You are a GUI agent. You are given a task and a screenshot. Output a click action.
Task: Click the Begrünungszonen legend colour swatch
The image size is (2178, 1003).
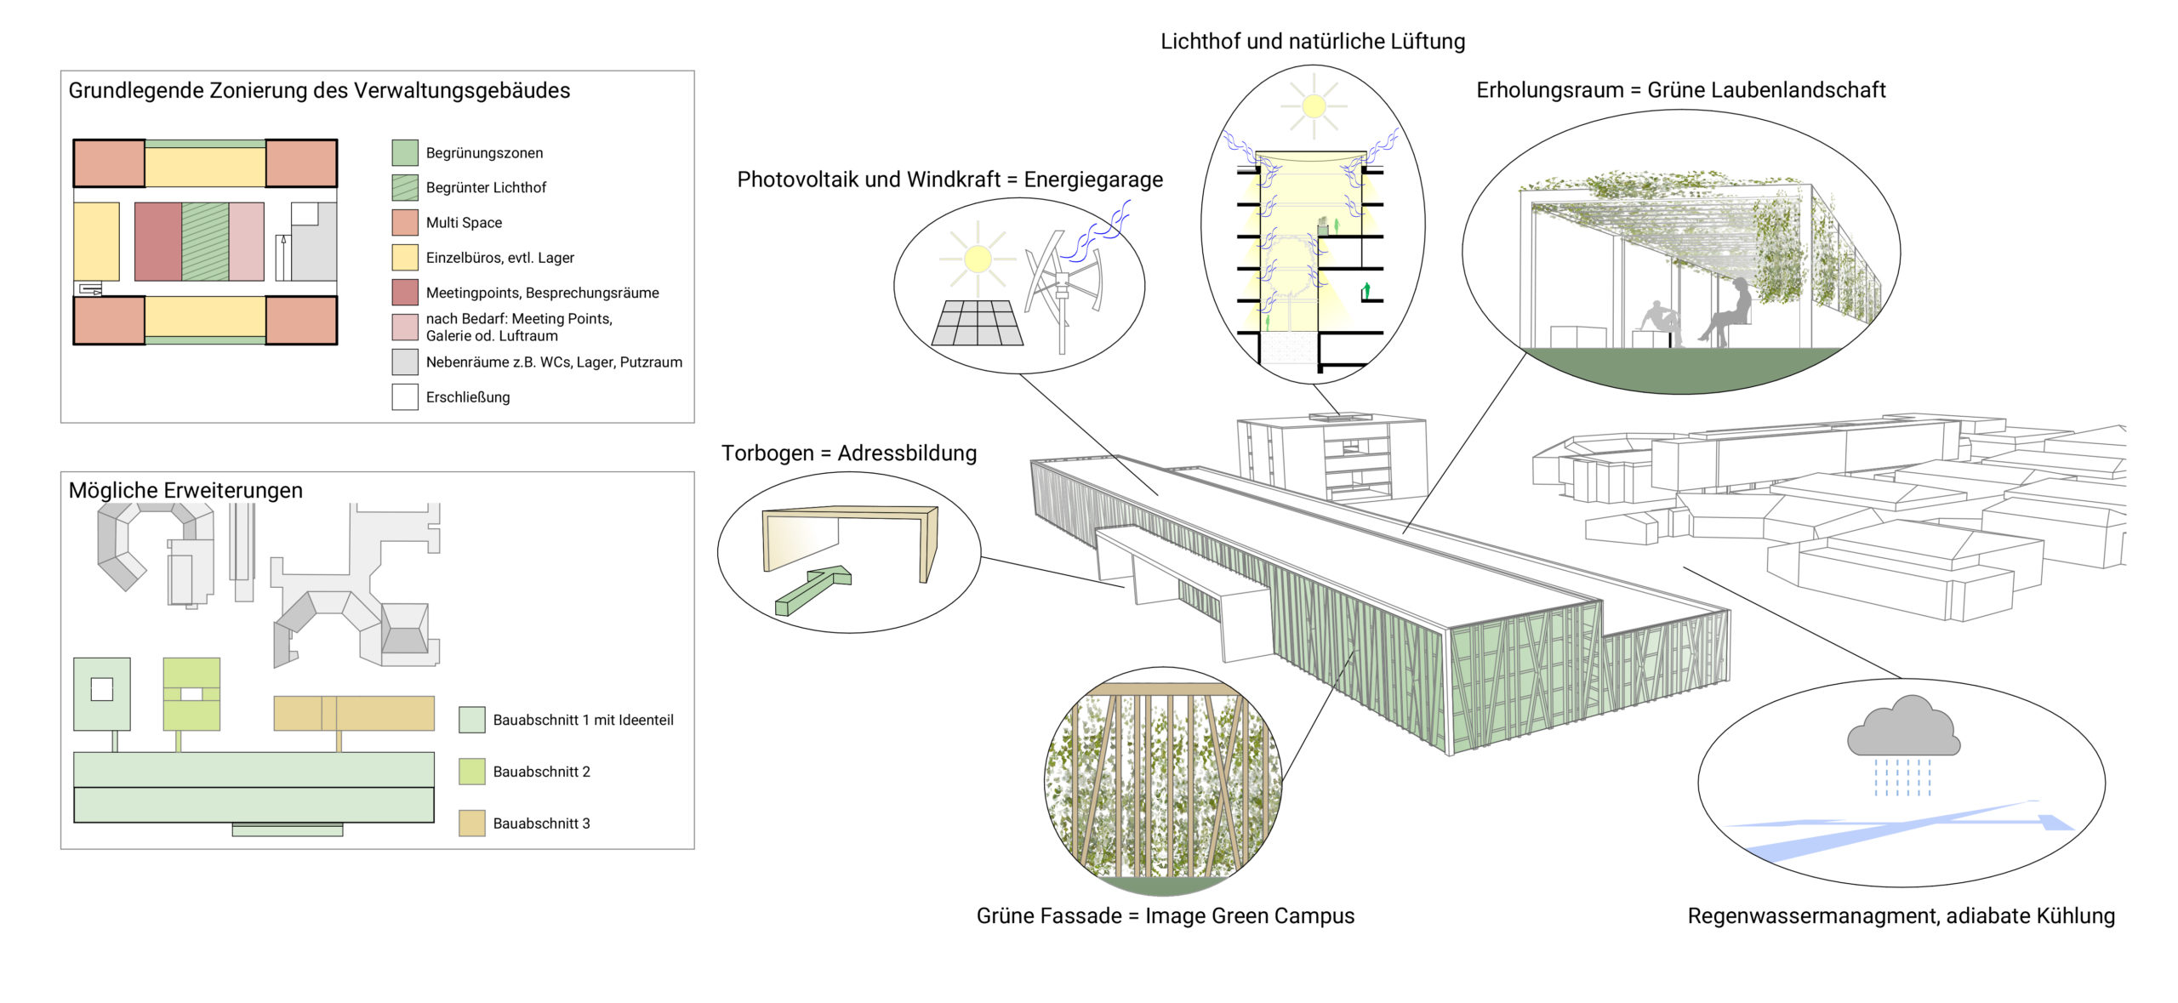404,153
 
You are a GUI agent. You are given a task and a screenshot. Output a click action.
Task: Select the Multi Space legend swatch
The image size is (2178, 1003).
404,223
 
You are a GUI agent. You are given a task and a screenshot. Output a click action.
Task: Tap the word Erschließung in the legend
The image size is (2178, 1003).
467,397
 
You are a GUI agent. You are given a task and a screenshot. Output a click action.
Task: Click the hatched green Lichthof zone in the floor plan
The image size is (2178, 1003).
205,242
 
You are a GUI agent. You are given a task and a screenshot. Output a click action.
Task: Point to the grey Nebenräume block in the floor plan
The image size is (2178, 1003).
315,252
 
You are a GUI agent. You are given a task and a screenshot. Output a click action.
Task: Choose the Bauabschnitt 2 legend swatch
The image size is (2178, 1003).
471,772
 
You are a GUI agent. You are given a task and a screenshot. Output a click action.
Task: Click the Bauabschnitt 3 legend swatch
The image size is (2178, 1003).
471,823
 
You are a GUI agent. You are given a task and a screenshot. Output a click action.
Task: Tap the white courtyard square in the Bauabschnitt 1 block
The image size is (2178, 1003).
102,689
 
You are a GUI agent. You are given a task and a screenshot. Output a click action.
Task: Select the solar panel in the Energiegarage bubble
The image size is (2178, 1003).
978,323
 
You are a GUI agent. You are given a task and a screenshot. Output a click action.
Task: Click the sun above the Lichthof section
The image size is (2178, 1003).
1314,106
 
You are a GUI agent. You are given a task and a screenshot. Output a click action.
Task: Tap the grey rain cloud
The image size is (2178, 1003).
1903,728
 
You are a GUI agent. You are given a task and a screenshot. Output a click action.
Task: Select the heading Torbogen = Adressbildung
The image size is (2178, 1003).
848,453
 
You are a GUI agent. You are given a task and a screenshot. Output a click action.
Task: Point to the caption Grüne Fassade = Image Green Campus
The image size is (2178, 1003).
1165,916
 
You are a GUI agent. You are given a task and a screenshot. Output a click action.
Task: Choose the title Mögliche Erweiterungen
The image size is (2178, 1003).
185,491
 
